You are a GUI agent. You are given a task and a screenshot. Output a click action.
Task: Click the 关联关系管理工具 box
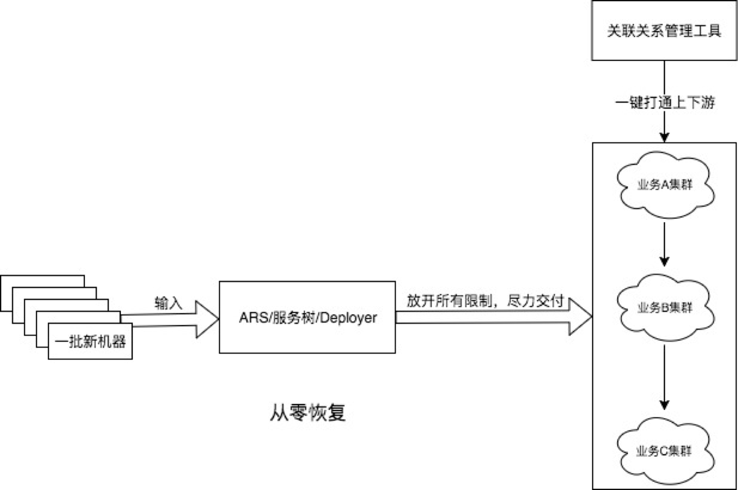click(664, 30)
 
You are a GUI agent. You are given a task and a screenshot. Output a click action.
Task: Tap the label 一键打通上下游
click(665, 102)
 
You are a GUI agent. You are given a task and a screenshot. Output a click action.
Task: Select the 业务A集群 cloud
click(665, 185)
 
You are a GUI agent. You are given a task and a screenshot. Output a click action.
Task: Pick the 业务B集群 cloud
click(665, 307)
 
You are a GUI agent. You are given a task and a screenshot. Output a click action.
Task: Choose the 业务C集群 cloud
click(664, 451)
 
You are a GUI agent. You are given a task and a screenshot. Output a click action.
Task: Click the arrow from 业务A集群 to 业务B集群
click(664, 243)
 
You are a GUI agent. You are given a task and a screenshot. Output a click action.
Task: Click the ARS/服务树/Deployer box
click(307, 337)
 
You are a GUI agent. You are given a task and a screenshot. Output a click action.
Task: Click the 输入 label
click(168, 303)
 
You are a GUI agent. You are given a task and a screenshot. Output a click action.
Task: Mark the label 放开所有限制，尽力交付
click(485, 301)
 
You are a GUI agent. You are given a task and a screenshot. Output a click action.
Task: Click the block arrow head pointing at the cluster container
click(580, 316)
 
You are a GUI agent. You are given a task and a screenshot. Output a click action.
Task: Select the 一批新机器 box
click(90, 342)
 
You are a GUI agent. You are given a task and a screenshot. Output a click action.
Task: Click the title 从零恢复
click(307, 412)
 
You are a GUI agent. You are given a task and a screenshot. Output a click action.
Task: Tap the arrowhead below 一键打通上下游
click(664, 137)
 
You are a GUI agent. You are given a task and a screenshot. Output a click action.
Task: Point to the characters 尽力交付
click(535, 301)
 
